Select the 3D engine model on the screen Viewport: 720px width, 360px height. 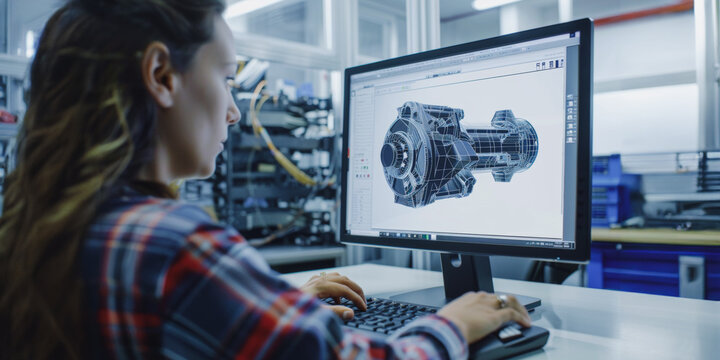[458, 152]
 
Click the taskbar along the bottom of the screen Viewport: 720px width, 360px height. [460, 238]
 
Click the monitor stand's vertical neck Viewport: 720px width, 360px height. [466, 274]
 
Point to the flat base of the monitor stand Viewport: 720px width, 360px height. [470, 298]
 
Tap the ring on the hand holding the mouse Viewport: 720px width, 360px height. [502, 300]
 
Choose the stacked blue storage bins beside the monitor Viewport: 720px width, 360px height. [612, 190]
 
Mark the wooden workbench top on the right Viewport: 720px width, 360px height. [655, 236]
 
